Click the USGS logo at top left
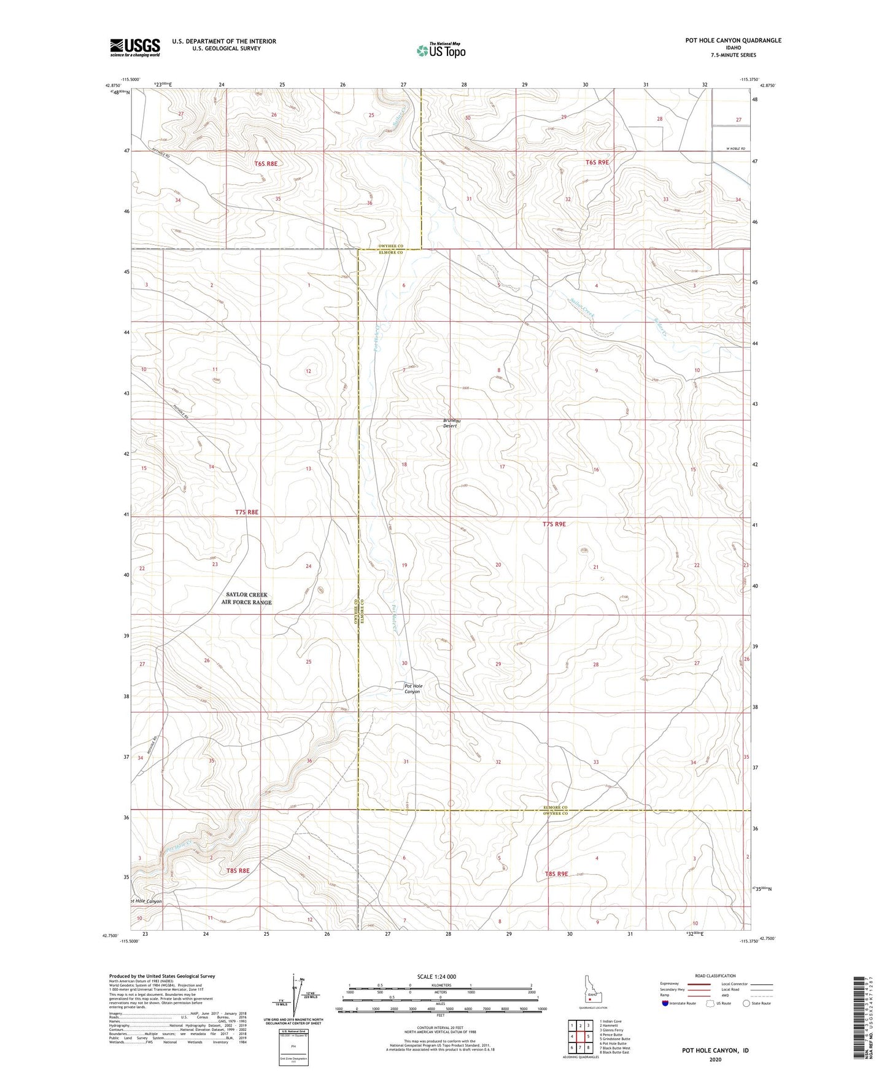tap(135, 47)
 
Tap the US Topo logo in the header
tap(440, 50)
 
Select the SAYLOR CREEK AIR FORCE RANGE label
tap(246, 599)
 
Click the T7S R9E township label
tap(554, 524)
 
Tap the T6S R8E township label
tap(266, 163)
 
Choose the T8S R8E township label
tap(238, 870)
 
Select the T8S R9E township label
tap(556, 873)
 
